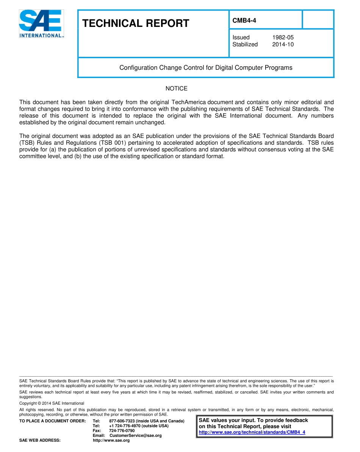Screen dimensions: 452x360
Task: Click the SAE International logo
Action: coord(41,23)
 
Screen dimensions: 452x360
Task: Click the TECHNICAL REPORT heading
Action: coord(136,23)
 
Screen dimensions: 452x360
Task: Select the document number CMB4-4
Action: coord(244,20)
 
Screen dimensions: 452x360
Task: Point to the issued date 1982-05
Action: coord(283,38)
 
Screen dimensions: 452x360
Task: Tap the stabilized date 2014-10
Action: coord(283,44)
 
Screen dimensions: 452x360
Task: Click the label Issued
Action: coord(241,38)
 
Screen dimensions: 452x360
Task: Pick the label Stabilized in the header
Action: coord(245,44)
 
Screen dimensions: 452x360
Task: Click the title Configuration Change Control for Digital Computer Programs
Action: coord(206,68)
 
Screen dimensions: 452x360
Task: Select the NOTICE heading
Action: coord(176,89)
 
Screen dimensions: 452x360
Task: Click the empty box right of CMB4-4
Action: coord(318,19)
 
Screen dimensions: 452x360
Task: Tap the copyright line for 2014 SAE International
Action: coord(52,404)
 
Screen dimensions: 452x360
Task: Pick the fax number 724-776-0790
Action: coord(122,431)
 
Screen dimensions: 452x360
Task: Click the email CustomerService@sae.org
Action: coord(135,436)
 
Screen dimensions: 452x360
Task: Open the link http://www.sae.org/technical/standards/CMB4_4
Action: coord(252,432)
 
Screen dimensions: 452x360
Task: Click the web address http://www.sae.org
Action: coord(111,441)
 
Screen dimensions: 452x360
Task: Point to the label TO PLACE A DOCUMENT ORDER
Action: coord(53,421)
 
